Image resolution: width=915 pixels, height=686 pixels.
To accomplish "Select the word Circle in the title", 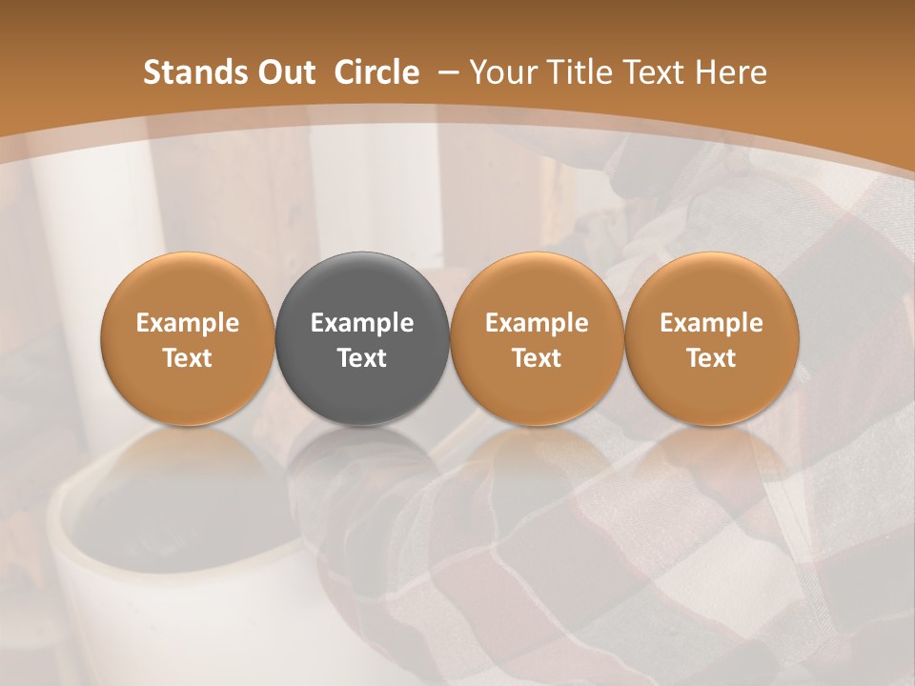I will point(376,72).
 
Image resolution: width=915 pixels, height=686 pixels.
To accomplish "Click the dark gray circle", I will point(362,339).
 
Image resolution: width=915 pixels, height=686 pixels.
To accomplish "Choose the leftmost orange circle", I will point(188,339).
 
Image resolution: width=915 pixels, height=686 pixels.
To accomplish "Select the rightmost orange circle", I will point(711,339).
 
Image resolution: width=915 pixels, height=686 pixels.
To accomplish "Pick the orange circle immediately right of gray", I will point(537,339).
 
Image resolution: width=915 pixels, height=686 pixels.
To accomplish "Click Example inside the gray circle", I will point(362,323).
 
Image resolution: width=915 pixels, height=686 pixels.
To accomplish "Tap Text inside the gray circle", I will point(362,358).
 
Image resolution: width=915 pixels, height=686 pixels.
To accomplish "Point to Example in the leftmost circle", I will point(188,323).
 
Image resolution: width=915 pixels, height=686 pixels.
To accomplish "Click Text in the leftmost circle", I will point(188,358).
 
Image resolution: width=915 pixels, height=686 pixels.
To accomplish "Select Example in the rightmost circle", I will point(711,323).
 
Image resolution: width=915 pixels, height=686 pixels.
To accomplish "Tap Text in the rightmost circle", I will point(711,358).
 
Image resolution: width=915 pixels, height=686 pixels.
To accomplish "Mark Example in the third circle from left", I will point(537,323).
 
